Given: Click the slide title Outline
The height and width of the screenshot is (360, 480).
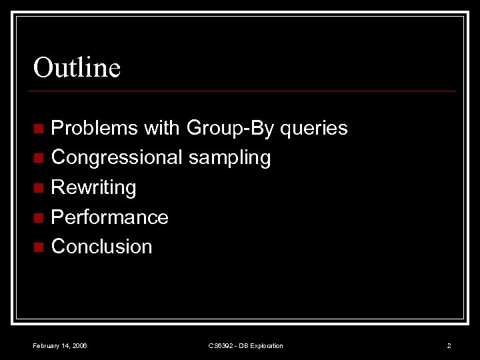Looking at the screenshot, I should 77,67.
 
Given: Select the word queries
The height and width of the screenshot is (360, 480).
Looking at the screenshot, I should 313,128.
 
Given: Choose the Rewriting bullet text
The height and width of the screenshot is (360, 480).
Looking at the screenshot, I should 93,187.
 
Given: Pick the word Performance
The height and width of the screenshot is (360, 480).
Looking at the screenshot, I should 109,217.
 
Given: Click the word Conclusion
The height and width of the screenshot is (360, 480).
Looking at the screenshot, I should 101,247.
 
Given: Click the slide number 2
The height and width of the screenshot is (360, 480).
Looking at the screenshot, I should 449,345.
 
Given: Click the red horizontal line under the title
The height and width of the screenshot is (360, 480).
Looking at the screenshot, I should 244,91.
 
